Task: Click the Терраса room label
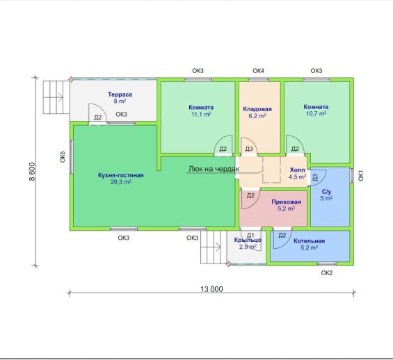tap(120, 95)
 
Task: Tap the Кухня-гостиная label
tap(121, 175)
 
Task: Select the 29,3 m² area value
tap(120, 182)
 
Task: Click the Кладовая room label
tap(257, 109)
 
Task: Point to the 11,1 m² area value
tap(201, 115)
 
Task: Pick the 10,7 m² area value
tap(316, 113)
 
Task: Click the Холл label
tap(298, 170)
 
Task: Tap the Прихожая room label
tap(286, 202)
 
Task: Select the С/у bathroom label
tap(326, 192)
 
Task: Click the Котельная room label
tap(310, 241)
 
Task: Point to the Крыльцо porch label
tap(248, 240)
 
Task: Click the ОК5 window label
tap(63, 157)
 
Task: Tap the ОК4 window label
tap(258, 71)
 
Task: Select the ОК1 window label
tap(361, 176)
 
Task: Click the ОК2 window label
tap(327, 273)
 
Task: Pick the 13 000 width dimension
tap(211, 289)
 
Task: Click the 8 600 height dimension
tap(32, 172)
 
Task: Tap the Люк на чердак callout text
tap(214, 169)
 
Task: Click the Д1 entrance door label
tap(250, 236)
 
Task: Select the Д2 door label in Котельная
tap(282, 236)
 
